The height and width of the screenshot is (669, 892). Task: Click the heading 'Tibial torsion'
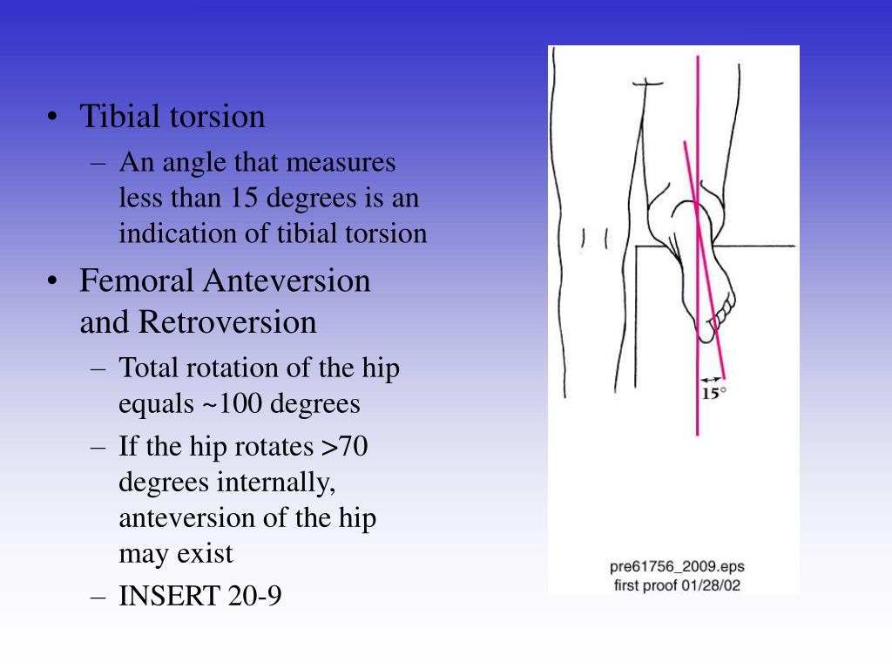tap(172, 117)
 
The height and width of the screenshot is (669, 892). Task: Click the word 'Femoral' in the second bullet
tap(136, 281)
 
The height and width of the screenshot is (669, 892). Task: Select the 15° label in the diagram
tap(713, 393)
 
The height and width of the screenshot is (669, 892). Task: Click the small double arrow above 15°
tap(712, 379)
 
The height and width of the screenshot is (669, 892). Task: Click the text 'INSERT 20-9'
tap(199, 597)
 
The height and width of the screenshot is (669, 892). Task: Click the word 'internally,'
tap(282, 483)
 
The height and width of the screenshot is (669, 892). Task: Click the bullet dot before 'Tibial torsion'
tap(54, 118)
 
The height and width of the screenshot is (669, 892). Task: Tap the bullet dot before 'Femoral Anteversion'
tap(54, 282)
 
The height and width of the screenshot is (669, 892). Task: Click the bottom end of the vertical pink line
tap(697, 434)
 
